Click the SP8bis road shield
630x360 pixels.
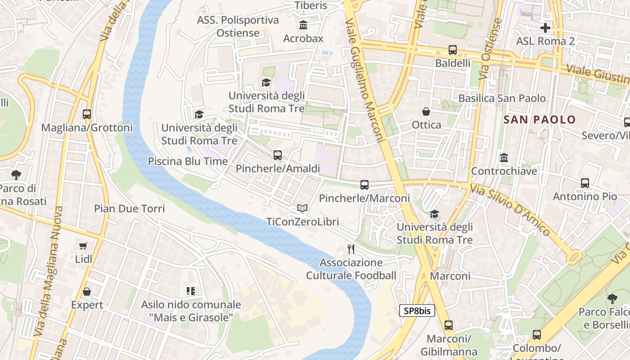[x=417, y=310]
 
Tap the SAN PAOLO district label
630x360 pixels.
[x=540, y=120]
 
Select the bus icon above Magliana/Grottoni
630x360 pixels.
[x=87, y=114]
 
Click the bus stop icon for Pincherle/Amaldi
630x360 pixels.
[x=278, y=156]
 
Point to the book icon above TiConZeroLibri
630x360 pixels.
[x=302, y=208]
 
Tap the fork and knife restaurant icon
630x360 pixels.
[x=351, y=249]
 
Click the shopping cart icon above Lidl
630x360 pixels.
[x=83, y=246]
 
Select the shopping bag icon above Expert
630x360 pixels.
[x=87, y=292]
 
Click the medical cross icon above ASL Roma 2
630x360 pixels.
[x=545, y=28]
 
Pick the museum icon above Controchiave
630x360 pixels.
[x=504, y=158]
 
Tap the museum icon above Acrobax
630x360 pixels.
[x=303, y=25]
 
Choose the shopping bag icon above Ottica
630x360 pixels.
[x=426, y=111]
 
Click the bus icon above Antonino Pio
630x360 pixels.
[x=585, y=183]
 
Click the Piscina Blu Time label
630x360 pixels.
[x=188, y=161]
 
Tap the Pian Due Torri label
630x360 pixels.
[x=129, y=209]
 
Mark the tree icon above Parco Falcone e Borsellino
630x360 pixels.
[x=612, y=298]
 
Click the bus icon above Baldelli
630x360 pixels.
[x=452, y=50]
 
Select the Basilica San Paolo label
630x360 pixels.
[x=502, y=98]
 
